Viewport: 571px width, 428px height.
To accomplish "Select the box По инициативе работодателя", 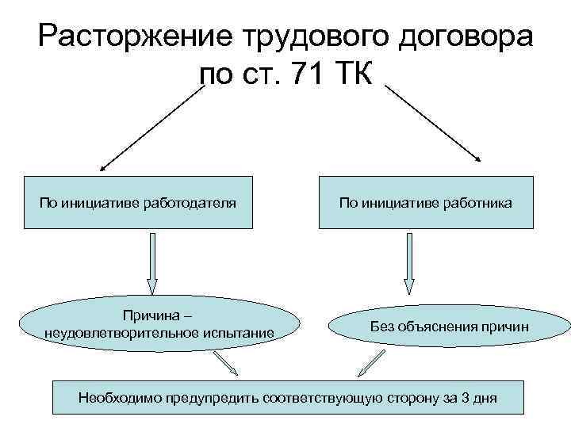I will pos(138,203).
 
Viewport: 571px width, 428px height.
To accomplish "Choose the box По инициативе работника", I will pos(426,203).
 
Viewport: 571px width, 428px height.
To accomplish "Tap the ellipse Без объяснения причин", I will pos(449,327).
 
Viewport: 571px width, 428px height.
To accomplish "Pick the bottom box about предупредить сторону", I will pos(288,396).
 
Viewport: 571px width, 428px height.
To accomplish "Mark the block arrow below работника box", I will pos(409,262).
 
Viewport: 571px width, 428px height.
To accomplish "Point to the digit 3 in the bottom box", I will pos(462,397).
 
